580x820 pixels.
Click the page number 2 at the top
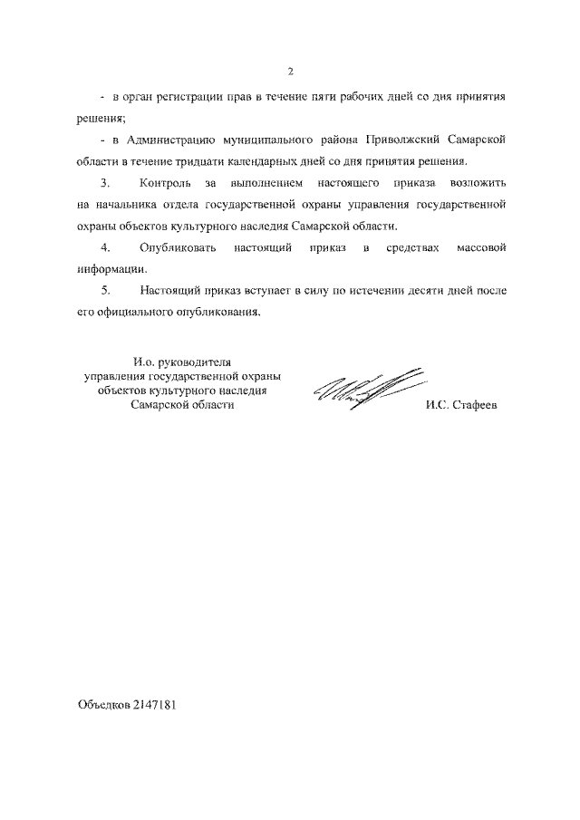[x=290, y=72]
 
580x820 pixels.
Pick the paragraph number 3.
[x=105, y=183]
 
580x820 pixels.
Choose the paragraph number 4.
[x=105, y=247]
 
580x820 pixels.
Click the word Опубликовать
[x=178, y=247]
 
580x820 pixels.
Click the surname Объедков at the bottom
[x=102, y=703]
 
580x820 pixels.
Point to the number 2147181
[x=152, y=703]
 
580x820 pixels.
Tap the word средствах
[x=404, y=247]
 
